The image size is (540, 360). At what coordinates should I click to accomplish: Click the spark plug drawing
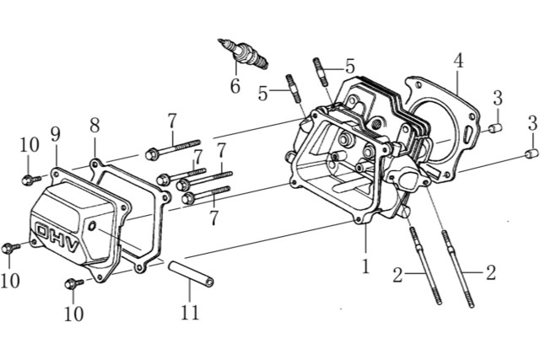[243, 53]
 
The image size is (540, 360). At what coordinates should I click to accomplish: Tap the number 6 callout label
[235, 86]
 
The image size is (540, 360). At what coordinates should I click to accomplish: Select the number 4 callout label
[458, 61]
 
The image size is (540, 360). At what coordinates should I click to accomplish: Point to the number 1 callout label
[365, 266]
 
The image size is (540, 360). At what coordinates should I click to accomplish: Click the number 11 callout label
[190, 313]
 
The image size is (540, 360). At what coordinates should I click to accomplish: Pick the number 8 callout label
[94, 126]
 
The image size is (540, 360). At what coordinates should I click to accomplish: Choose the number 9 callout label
[55, 135]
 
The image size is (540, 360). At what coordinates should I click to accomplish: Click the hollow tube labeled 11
[191, 274]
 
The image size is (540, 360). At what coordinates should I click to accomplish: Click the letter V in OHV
[73, 245]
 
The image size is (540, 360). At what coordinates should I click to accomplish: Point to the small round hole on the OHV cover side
[92, 226]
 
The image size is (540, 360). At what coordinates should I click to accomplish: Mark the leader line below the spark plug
[236, 69]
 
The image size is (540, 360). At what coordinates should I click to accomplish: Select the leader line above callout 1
[365, 241]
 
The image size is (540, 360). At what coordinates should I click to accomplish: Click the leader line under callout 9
[56, 156]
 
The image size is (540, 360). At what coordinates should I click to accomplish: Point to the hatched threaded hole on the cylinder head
[377, 123]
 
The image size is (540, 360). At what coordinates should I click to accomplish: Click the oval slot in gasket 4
[468, 135]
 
